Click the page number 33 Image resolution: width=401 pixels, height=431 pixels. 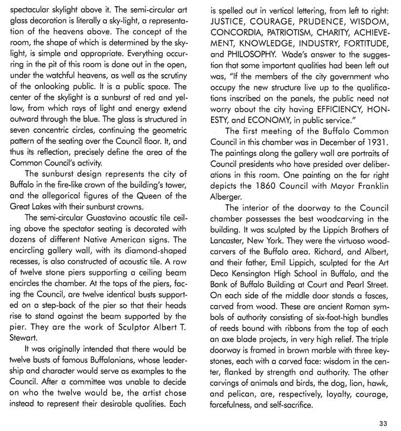tap(383, 421)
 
